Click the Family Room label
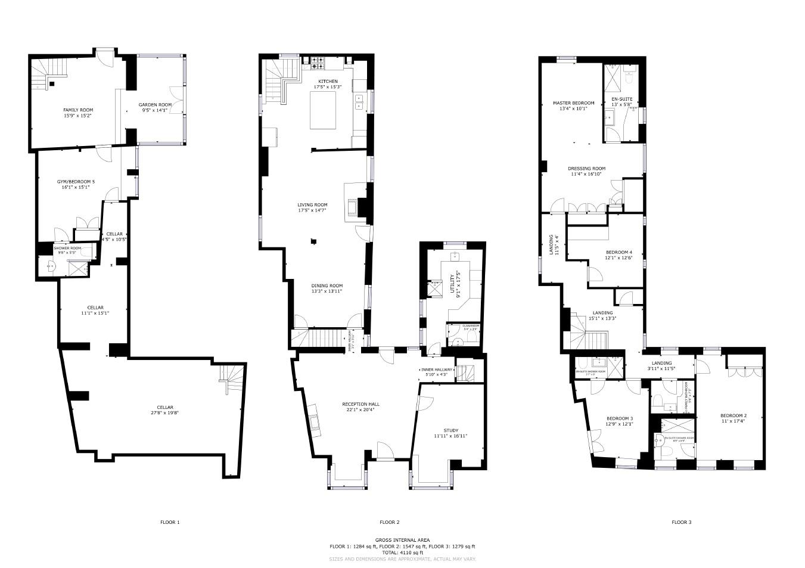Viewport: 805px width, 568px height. coord(78,110)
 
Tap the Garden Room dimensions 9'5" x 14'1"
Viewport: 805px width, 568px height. coord(156,110)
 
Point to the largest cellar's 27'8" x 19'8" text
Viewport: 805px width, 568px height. coord(164,412)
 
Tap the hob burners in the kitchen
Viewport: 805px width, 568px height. coord(317,61)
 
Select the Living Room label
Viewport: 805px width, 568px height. coord(312,204)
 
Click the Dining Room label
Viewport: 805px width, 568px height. coord(327,285)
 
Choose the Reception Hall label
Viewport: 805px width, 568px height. coord(360,404)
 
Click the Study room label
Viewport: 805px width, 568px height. coord(450,430)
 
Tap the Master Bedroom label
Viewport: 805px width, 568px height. coord(573,103)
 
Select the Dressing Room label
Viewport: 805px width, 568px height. coord(586,169)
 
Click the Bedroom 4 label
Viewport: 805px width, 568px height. coord(618,252)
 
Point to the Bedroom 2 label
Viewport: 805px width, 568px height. coord(733,415)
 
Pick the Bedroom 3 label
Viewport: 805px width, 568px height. coord(619,418)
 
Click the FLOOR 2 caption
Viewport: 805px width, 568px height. coord(389,522)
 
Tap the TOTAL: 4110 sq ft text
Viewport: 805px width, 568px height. coord(402,553)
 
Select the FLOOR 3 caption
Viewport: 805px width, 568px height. coord(682,522)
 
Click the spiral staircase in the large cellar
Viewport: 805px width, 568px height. coord(232,378)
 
